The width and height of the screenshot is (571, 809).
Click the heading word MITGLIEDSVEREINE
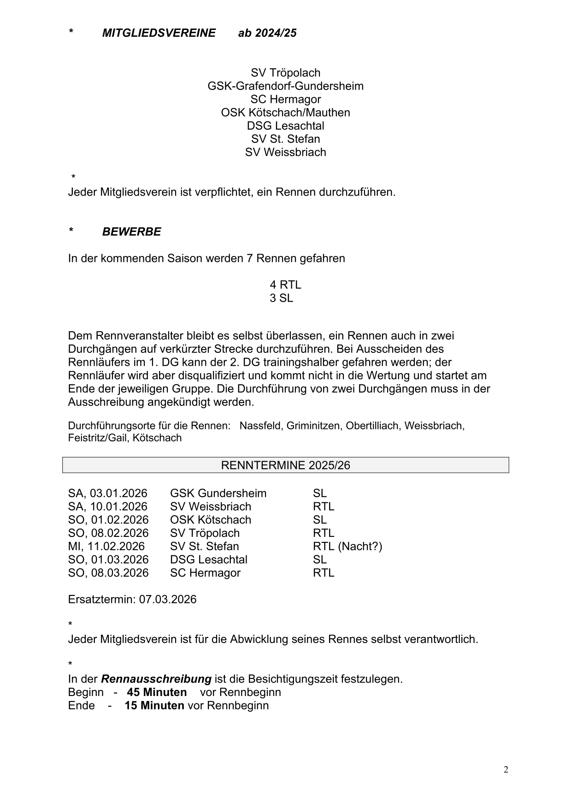(159, 33)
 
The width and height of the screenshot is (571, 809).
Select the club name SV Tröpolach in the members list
(285, 73)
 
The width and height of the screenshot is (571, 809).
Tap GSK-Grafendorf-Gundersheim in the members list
(285, 86)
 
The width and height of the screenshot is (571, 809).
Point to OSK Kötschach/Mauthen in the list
(285, 113)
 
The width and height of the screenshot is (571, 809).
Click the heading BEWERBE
(131, 232)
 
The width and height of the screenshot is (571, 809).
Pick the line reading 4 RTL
(285, 285)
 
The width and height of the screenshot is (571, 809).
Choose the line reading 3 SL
(281, 298)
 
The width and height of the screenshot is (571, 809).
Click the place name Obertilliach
(372, 426)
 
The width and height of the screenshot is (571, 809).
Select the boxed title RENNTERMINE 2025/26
(285, 465)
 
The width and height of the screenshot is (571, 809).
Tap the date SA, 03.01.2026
(107, 494)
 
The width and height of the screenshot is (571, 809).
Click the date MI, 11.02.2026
(106, 547)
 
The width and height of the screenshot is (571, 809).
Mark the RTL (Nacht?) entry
(347, 547)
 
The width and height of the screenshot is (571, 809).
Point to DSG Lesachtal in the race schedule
(208, 560)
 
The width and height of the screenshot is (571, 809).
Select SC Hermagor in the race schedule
(205, 573)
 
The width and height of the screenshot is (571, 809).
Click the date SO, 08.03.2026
(108, 573)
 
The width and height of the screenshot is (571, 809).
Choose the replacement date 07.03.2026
(168, 600)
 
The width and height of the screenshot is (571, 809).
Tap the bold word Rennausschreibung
(156, 679)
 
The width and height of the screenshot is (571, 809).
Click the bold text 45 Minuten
(157, 692)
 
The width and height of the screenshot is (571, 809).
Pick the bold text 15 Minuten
(154, 706)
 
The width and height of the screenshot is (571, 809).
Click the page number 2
(506, 769)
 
